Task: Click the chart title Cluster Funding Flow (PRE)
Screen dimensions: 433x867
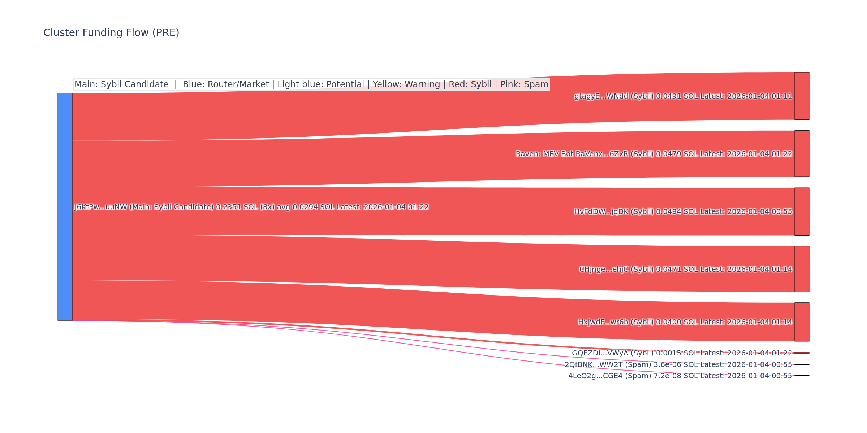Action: [x=111, y=33]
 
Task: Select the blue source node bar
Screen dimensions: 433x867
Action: [x=65, y=207]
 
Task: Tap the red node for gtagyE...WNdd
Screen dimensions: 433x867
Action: [x=802, y=96]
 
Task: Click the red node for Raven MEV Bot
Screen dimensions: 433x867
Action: [x=802, y=154]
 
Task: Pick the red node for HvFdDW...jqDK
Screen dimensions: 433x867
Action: [x=802, y=211]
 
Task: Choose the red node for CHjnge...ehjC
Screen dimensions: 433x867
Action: [x=802, y=269]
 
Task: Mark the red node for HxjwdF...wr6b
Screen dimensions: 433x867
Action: [x=802, y=322]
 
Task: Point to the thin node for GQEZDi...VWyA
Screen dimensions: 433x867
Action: [x=802, y=353]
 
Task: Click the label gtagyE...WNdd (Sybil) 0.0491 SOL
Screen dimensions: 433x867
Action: [x=683, y=96]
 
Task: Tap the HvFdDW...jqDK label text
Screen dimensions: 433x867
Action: [x=683, y=212]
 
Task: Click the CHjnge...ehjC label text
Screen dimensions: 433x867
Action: [x=685, y=270]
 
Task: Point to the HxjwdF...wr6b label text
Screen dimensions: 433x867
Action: [x=685, y=322]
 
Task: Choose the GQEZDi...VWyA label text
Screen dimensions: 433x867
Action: [x=682, y=353]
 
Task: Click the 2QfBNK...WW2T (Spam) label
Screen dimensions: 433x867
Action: [x=678, y=365]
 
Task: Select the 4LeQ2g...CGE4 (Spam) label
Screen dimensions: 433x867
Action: [x=680, y=376]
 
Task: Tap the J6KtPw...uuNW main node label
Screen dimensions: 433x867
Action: [x=251, y=207]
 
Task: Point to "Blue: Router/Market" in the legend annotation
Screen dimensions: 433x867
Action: [x=226, y=84]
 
